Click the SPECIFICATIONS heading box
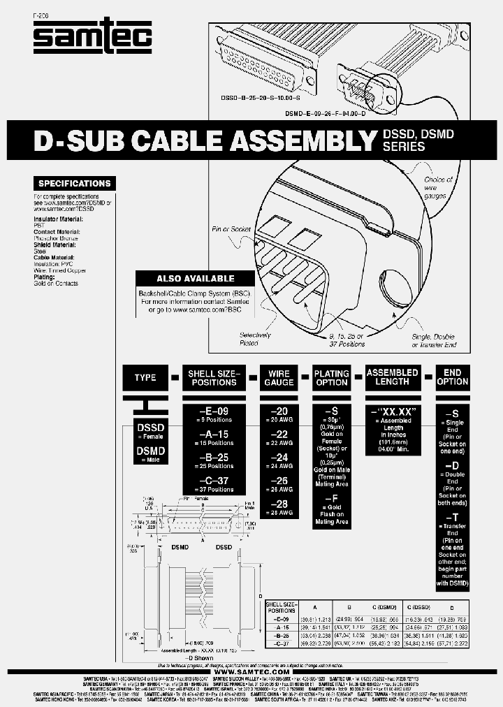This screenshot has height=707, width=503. pos(74,184)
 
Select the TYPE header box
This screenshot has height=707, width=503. pos(145,377)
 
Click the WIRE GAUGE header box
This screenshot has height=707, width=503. pos(279,377)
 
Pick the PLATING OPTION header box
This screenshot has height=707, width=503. pos(332,377)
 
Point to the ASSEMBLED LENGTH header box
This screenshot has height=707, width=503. pos(393,377)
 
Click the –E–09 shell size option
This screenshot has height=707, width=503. pos(213,411)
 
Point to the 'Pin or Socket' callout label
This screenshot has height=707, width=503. pos(231,229)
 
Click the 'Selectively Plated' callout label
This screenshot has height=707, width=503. pos(254,339)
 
